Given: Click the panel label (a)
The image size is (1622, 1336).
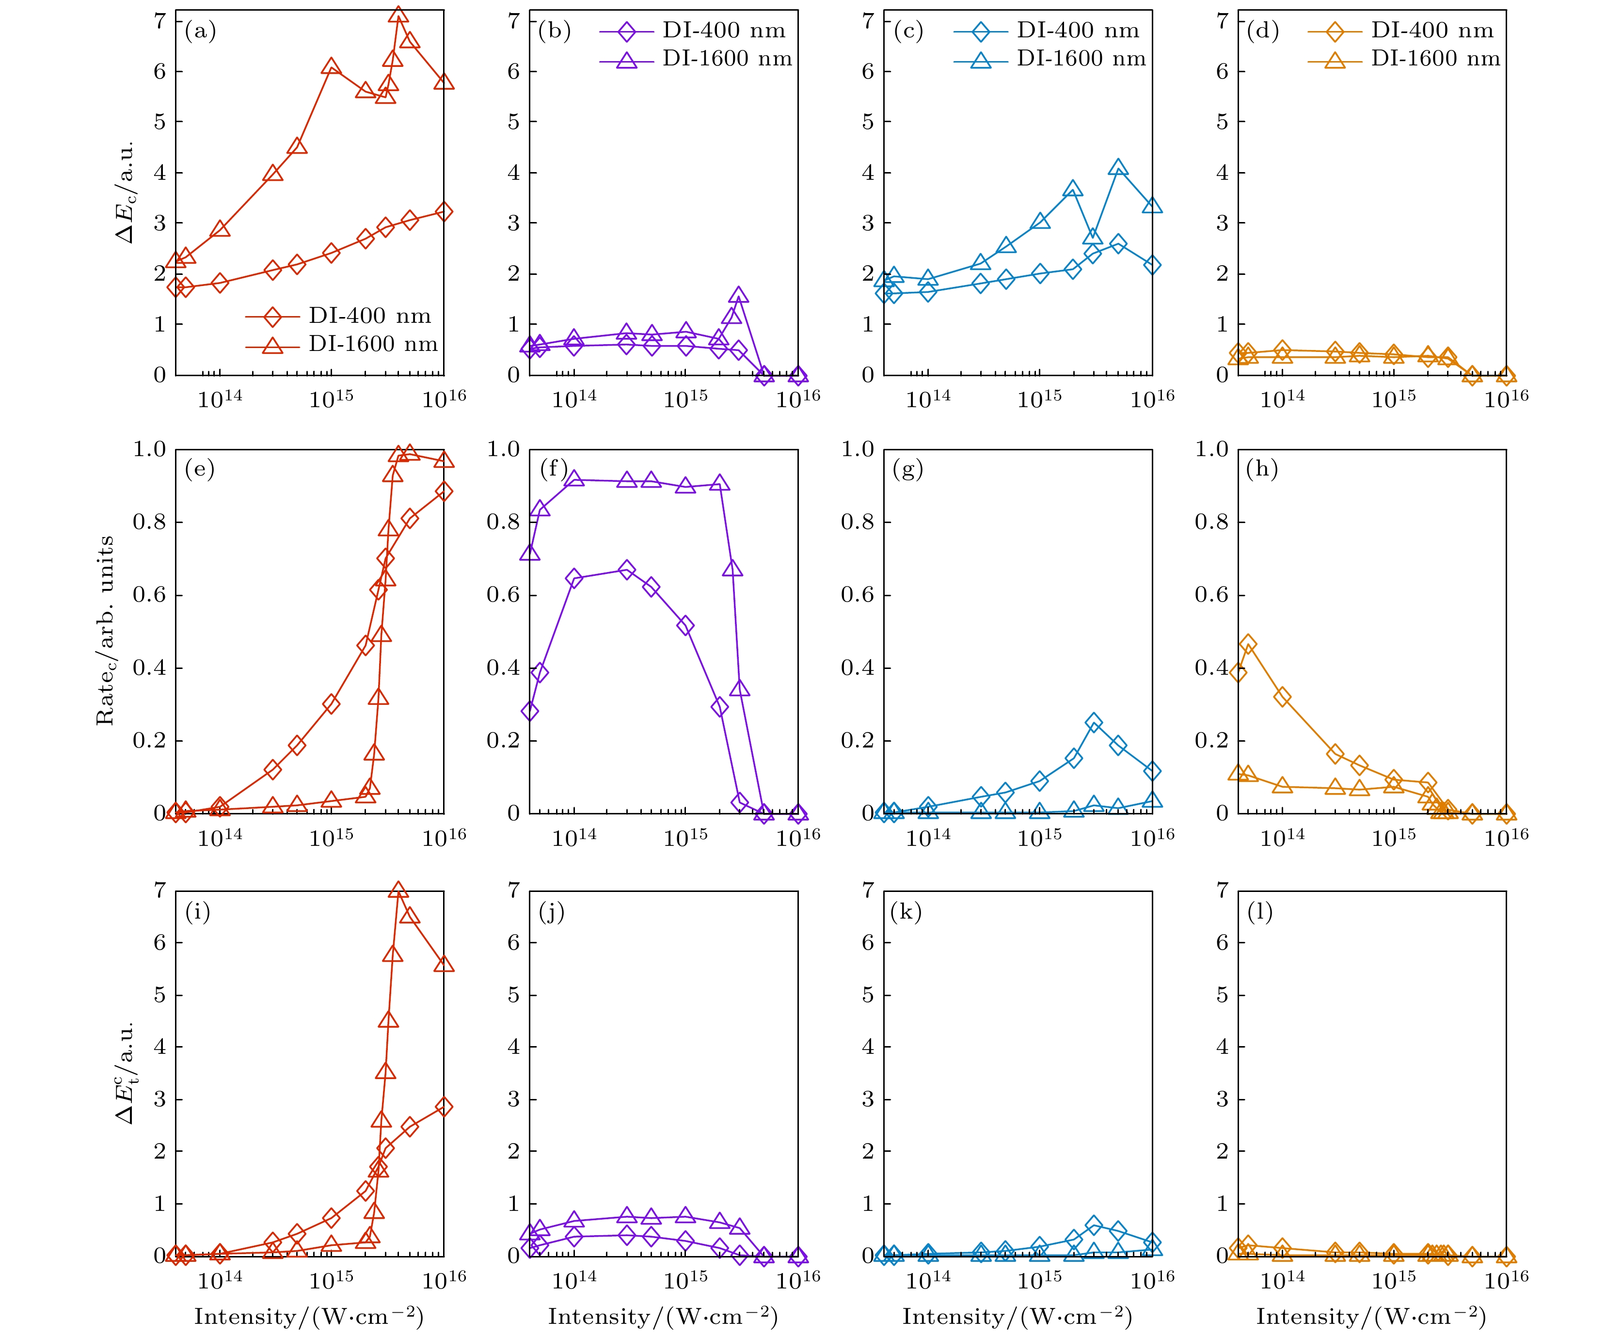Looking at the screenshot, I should [x=200, y=32].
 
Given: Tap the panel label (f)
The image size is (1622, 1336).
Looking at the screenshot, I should [x=554, y=469].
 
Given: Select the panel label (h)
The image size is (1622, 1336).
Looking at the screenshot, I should [x=1262, y=469].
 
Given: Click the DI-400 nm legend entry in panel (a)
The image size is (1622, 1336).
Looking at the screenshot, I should [x=338, y=316].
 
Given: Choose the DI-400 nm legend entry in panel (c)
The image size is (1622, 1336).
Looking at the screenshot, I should [x=1047, y=31].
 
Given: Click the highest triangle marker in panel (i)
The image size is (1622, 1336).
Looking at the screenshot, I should [x=398, y=891].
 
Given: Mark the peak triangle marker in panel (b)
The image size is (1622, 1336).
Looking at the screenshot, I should [x=739, y=296].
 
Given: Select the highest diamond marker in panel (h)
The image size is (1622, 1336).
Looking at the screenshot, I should [x=1248, y=645].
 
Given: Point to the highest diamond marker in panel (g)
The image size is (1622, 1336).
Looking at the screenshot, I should [x=1094, y=723].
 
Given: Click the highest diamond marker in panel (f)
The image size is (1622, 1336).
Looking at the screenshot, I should [x=627, y=570].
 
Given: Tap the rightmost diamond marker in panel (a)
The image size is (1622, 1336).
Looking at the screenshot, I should [x=443, y=212].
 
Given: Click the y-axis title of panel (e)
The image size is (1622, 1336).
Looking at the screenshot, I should [x=105, y=631].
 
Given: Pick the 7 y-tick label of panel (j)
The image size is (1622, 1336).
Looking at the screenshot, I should [x=513, y=891].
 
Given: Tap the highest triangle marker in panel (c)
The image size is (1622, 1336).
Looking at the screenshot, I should [x=1119, y=169].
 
